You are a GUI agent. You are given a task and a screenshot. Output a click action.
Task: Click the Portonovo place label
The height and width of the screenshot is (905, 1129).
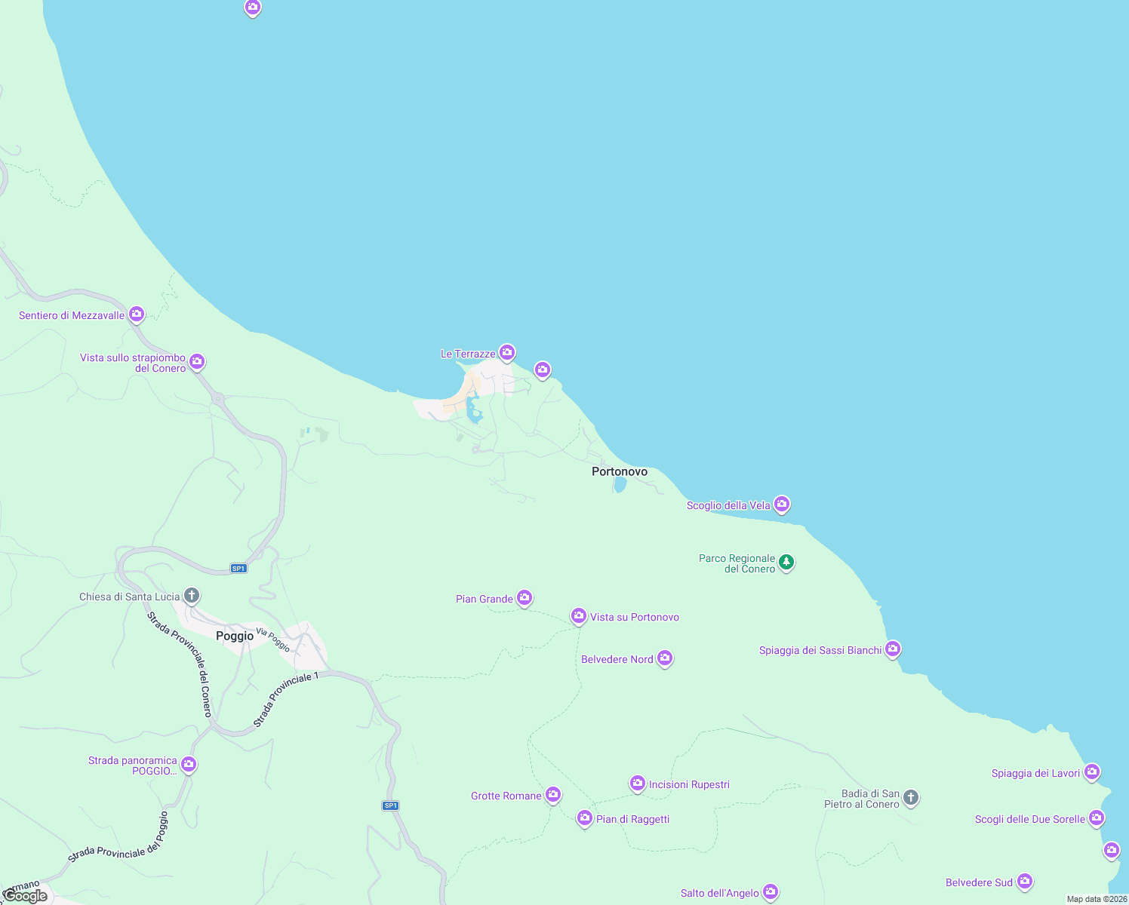tap(619, 471)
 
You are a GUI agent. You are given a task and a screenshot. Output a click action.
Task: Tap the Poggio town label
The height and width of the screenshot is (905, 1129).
tap(235, 636)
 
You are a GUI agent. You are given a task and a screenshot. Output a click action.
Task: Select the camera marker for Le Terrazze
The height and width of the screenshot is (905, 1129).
tap(507, 352)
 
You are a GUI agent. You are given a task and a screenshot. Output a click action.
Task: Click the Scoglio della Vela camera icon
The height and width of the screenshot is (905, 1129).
tap(782, 503)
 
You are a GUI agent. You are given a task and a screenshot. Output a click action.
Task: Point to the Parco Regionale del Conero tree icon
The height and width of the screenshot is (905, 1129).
tap(786, 562)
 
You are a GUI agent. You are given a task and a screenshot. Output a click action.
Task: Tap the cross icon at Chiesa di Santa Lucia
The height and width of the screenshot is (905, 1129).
tap(192, 596)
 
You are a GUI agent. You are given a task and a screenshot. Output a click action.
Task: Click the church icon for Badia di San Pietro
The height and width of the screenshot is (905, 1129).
tap(911, 797)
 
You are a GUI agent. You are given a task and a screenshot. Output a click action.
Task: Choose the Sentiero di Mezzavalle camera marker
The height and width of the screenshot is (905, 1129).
tap(137, 314)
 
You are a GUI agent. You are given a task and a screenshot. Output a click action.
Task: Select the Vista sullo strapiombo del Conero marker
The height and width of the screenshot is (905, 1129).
tap(197, 361)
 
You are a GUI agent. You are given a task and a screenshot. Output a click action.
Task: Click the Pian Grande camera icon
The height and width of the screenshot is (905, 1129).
tap(525, 598)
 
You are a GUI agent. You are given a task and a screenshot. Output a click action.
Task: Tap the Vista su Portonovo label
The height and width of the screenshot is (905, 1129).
tap(634, 617)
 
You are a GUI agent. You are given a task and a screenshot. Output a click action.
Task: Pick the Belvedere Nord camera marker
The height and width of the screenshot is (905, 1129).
tap(665, 658)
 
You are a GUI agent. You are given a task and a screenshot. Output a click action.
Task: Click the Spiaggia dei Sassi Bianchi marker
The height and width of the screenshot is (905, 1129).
tap(893, 649)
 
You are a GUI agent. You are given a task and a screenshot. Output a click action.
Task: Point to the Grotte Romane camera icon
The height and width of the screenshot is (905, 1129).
tap(553, 794)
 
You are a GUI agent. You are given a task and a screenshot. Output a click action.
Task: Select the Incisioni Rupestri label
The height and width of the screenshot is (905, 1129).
tap(689, 784)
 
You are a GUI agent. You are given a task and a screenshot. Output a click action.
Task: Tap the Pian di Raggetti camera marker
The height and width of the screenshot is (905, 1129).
tap(584, 818)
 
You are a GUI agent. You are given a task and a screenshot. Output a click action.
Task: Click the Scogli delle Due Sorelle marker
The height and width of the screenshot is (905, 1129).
tap(1097, 818)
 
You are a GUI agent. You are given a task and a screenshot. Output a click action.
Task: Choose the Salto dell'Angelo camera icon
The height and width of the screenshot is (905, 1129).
tap(770, 891)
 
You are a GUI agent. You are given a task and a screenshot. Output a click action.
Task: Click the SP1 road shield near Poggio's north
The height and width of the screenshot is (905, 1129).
tap(238, 569)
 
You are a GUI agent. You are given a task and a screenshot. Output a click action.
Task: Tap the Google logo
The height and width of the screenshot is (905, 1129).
tap(25, 896)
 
